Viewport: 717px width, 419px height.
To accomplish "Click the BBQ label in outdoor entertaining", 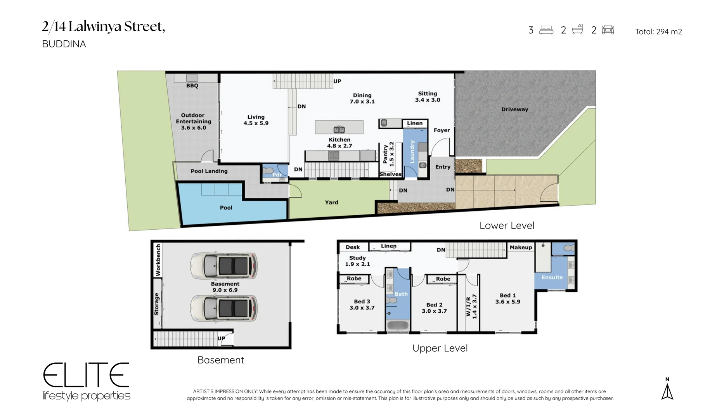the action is point(192,86).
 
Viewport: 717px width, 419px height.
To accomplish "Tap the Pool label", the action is point(226,208).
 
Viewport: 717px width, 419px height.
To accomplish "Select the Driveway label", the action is point(514,109).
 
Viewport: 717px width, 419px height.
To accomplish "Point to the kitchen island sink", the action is point(339,129).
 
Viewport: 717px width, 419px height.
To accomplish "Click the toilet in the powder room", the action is point(268,171).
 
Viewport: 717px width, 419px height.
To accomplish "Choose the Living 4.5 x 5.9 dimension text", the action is point(256,123).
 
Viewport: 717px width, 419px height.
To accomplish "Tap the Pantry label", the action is point(385,154).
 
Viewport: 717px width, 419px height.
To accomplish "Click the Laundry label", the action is point(412,152).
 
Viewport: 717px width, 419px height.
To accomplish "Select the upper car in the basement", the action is point(223,266).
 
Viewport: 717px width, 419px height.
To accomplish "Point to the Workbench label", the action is point(158,260).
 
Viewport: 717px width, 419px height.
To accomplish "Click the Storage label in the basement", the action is point(157,304).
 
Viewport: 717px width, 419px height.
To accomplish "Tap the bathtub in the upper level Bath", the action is point(398,326).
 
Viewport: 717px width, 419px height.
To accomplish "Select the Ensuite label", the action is point(552,277).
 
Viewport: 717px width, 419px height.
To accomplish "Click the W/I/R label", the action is point(468,307).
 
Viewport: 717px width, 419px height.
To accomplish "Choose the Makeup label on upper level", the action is point(521,248).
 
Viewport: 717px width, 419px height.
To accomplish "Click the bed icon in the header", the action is point(546,30).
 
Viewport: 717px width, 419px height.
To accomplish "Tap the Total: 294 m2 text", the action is point(658,32).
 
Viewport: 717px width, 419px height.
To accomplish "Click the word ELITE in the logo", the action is point(86,375).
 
